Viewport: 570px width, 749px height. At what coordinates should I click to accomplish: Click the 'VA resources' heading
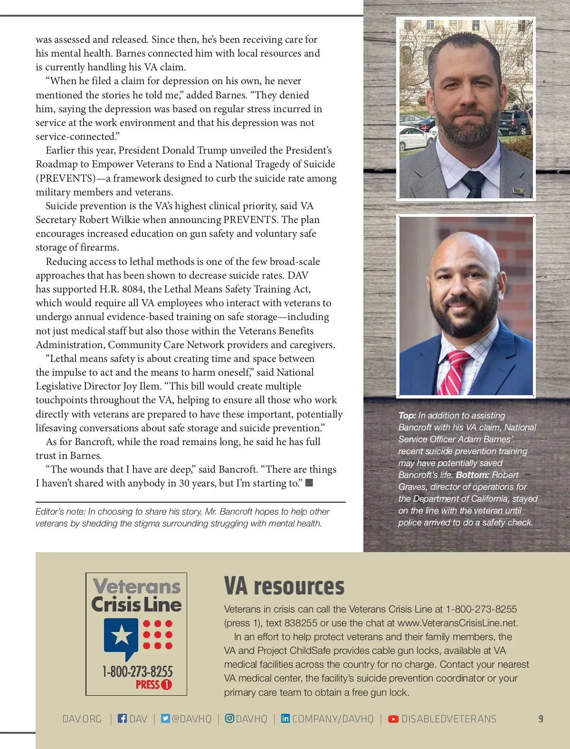click(x=284, y=586)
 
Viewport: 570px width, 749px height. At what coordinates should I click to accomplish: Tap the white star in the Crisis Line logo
click(x=121, y=635)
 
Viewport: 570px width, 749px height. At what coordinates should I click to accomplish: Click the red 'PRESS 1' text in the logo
click(x=153, y=684)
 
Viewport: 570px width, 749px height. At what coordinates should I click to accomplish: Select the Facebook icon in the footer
click(x=122, y=719)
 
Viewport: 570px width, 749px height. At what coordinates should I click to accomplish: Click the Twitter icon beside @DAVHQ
click(x=165, y=719)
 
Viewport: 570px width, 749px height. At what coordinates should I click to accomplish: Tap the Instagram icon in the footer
click(x=229, y=719)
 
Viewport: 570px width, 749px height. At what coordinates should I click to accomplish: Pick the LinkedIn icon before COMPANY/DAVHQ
click(x=285, y=719)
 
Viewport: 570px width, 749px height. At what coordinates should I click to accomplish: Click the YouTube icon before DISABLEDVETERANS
click(x=393, y=719)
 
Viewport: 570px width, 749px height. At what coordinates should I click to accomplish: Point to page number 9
click(x=541, y=719)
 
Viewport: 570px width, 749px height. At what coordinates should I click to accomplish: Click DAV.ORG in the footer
click(x=82, y=719)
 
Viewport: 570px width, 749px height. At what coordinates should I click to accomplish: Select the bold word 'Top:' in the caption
click(x=407, y=415)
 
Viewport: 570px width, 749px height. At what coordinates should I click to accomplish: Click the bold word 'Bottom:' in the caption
click(x=472, y=475)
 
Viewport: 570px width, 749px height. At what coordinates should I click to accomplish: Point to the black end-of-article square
click(x=309, y=483)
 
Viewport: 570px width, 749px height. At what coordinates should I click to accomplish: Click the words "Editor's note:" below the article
click(x=60, y=512)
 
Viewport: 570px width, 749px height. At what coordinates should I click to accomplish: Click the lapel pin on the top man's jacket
click(x=520, y=192)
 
